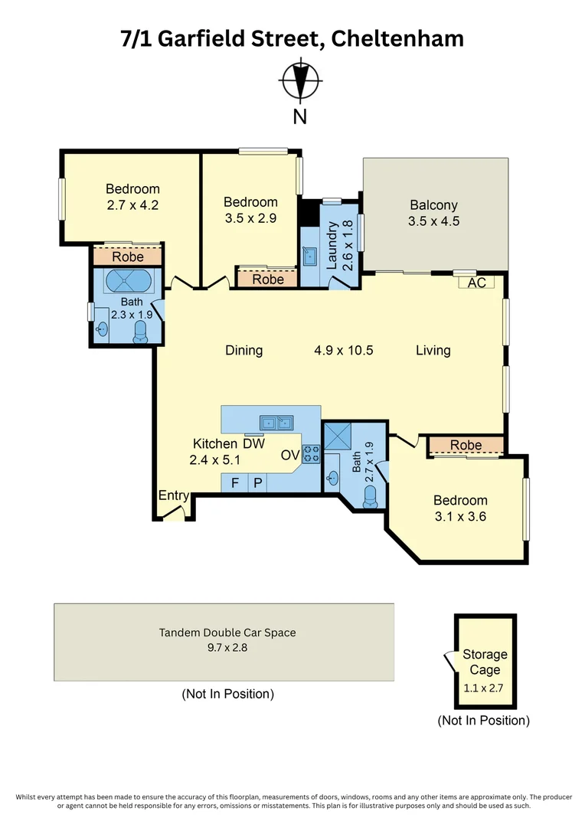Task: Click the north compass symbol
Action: pyautogui.click(x=299, y=81)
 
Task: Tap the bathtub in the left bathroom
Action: pyautogui.click(x=127, y=280)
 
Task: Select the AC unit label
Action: pyautogui.click(x=476, y=283)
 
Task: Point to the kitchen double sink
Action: pyautogui.click(x=276, y=422)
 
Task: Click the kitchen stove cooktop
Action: pyautogui.click(x=311, y=454)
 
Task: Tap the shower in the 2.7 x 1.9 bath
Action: pyautogui.click(x=338, y=436)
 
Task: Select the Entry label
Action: pyautogui.click(x=173, y=495)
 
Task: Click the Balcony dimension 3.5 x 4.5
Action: pyautogui.click(x=433, y=222)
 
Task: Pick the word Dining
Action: pyautogui.click(x=243, y=350)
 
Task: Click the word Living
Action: pyautogui.click(x=433, y=350)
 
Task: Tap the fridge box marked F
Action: pyautogui.click(x=234, y=482)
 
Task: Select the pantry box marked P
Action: pyautogui.click(x=258, y=482)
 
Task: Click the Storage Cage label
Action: pyautogui.click(x=485, y=662)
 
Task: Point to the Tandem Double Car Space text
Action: pyautogui.click(x=227, y=633)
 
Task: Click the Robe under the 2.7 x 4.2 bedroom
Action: pyautogui.click(x=127, y=257)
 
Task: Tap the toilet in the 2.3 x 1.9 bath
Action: pyautogui.click(x=141, y=331)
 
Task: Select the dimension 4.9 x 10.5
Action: pyautogui.click(x=343, y=350)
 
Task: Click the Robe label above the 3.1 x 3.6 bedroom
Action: pyautogui.click(x=466, y=445)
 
